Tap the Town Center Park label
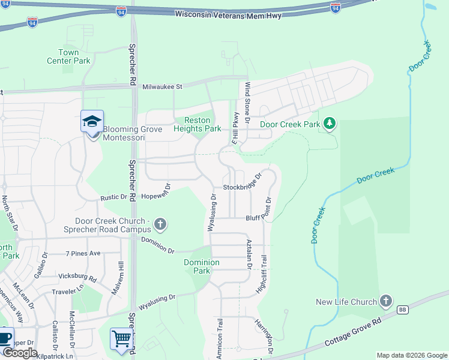coord(69,57)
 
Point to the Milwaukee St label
coord(162,87)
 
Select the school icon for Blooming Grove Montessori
coord(92,122)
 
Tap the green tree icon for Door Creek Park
coord(329,124)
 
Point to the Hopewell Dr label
coord(157,195)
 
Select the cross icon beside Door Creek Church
coord(160,225)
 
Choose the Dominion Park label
coord(202,266)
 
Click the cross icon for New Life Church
coord(385,301)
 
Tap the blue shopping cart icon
coord(121,339)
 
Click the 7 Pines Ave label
coord(83,254)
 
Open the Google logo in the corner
coord(19,353)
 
